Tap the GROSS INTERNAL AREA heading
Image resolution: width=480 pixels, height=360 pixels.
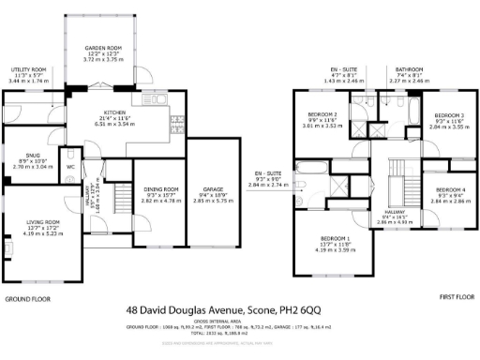[x=239, y=321]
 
